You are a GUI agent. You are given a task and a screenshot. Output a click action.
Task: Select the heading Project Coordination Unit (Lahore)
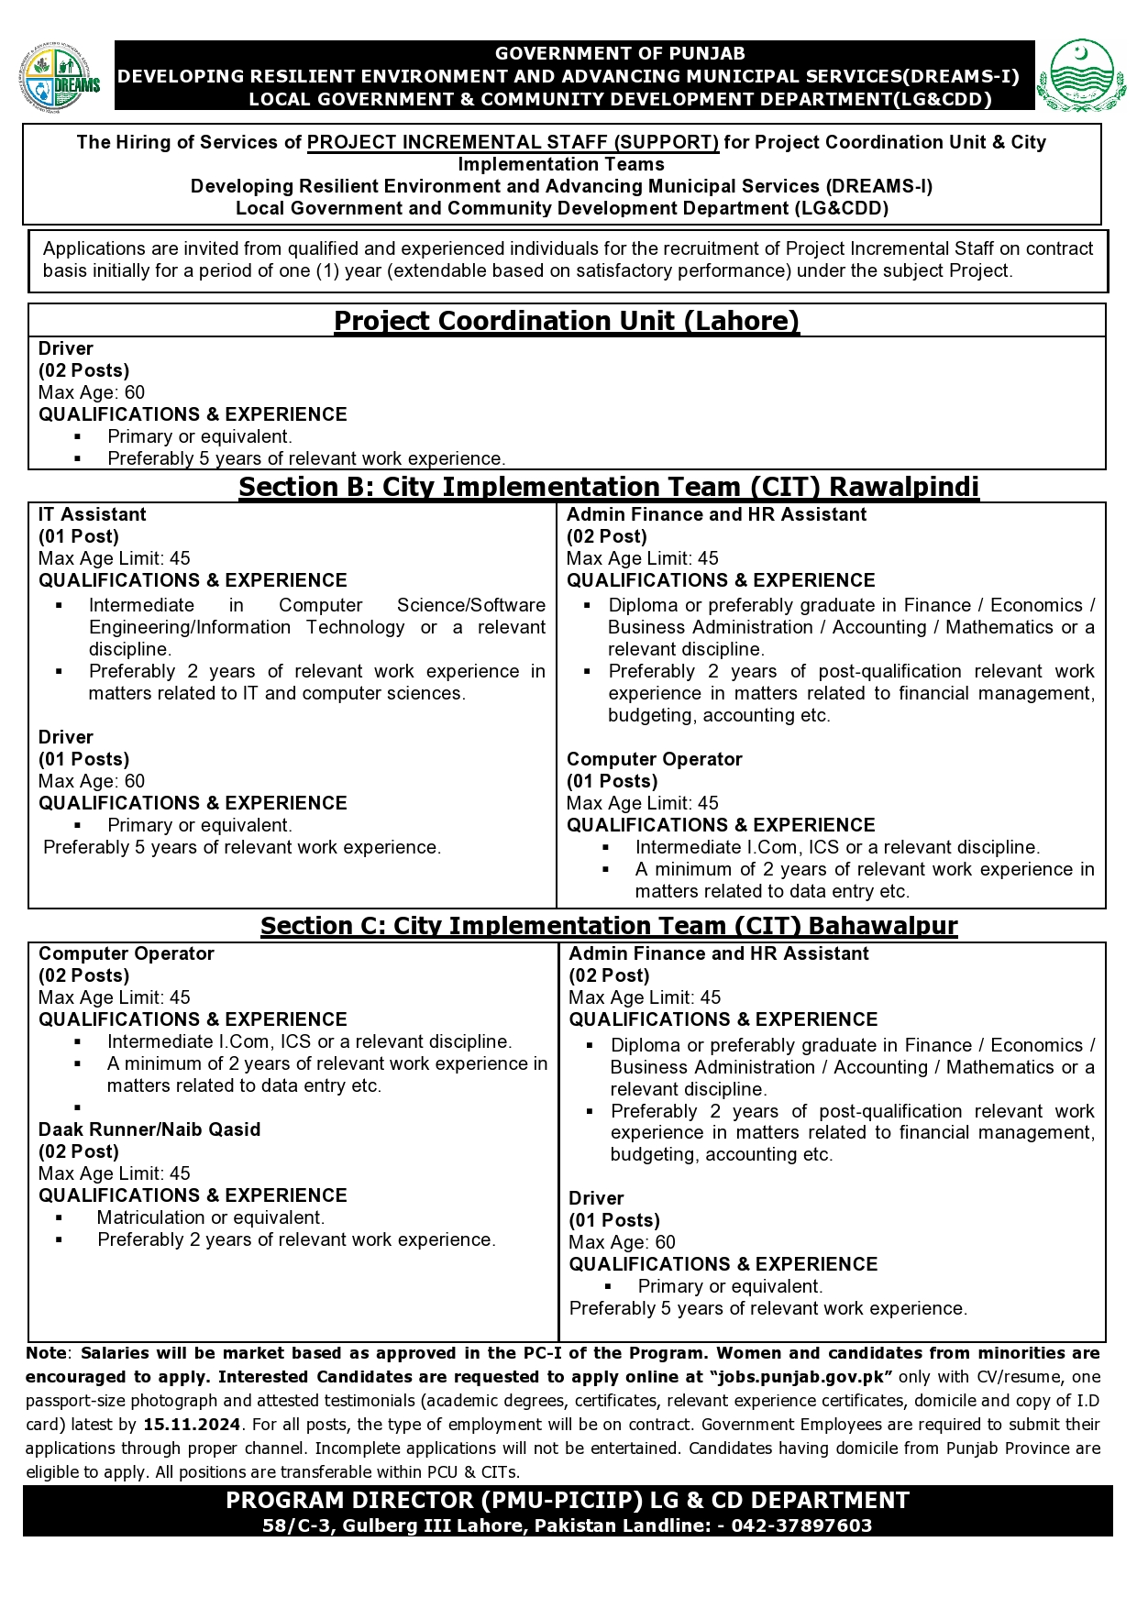point(567,321)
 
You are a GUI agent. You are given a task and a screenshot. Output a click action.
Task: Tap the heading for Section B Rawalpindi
point(609,487)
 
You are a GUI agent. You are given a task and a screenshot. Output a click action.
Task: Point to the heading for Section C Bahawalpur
point(609,926)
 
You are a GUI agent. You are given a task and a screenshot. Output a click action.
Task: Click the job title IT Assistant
point(93,514)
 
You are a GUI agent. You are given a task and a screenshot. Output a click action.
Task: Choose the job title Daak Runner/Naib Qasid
point(149,1129)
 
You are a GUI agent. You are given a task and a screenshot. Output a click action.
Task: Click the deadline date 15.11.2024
point(192,1425)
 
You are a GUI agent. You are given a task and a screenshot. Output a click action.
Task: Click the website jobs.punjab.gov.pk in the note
point(800,1377)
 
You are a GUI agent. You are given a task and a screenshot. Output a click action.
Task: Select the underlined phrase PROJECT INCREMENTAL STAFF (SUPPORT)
point(513,142)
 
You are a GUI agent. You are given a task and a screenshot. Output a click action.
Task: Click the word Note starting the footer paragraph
point(46,1353)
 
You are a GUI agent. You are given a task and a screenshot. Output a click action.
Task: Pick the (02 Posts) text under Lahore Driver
point(84,370)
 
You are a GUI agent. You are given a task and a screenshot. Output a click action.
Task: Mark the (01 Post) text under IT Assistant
point(79,536)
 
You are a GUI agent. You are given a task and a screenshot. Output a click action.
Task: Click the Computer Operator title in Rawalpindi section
point(654,759)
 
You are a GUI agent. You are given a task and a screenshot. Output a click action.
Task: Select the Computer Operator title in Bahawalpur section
point(127,953)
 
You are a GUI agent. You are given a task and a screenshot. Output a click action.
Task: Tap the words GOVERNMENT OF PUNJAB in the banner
point(620,54)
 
